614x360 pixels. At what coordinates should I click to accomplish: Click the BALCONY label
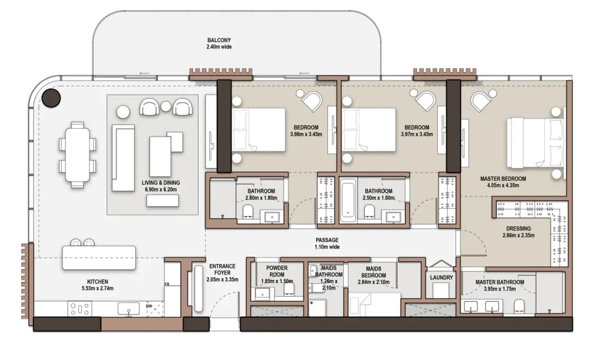coord(219,40)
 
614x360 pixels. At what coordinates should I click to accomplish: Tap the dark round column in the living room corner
coord(51,98)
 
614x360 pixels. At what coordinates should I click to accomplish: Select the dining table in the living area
coord(77,155)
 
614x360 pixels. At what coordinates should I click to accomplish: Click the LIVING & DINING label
coord(161,183)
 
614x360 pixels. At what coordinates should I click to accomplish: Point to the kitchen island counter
coord(99,257)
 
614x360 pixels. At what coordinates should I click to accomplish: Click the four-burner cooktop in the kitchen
coord(80,309)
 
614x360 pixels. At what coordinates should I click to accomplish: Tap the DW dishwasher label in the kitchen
coord(149,307)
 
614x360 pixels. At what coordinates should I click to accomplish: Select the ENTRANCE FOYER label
coord(222,270)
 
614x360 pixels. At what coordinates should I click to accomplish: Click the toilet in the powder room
coord(289,289)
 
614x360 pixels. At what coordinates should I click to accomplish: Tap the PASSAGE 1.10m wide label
coord(327,243)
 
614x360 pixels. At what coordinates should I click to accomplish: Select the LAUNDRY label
coord(442,277)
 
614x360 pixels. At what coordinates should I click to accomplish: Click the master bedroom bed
coord(536,143)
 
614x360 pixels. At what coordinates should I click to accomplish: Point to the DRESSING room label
coord(518,229)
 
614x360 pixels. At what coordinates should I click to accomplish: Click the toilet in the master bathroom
coord(519,307)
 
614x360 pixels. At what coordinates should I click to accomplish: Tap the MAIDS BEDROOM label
coord(374,272)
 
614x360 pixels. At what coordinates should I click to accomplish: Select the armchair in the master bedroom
coord(481,100)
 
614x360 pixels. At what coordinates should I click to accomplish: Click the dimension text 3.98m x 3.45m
coord(306,134)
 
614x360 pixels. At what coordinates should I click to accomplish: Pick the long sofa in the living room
coord(123,158)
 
